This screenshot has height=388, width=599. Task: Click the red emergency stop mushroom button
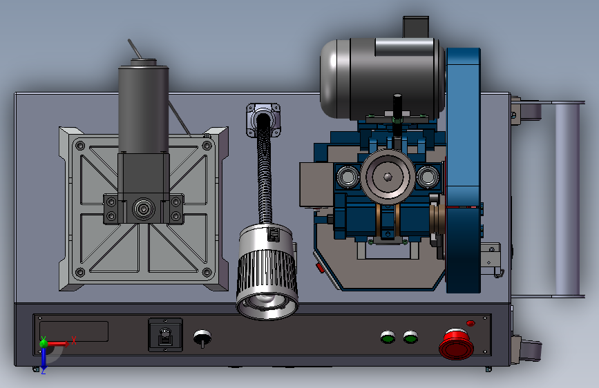[457, 345]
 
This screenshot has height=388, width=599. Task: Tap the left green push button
[388, 337]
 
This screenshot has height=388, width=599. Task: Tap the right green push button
[410, 337]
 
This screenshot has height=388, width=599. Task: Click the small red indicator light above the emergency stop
[470, 324]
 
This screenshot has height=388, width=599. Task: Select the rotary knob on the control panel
[202, 338]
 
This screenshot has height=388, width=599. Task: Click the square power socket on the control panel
[165, 335]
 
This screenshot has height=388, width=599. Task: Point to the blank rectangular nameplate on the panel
[74, 331]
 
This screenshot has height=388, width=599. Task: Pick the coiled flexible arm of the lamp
[265, 172]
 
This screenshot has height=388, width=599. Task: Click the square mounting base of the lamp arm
[263, 119]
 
